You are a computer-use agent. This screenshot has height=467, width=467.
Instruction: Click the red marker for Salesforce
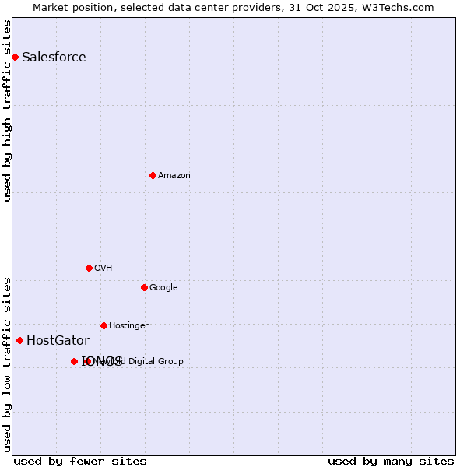[x=15, y=57]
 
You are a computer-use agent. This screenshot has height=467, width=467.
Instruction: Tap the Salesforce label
[x=54, y=57]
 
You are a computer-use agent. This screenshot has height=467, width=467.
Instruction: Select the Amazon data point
[x=153, y=175]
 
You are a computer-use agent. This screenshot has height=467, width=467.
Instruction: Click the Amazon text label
[x=174, y=175]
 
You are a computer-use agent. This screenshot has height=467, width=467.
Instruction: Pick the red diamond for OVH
[x=89, y=268]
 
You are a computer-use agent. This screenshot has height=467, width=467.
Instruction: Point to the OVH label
[x=104, y=268]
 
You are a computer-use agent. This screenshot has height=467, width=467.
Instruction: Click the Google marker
[x=144, y=287]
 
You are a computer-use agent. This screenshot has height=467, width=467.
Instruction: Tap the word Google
[x=163, y=287]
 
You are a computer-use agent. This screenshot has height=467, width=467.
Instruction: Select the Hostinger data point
[x=104, y=325]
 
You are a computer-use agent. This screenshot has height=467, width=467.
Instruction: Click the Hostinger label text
[x=128, y=325]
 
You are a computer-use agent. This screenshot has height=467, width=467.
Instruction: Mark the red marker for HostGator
[x=19, y=340]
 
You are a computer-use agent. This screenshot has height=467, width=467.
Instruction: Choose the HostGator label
[x=58, y=340]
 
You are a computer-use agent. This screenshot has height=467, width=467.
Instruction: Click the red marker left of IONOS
[x=74, y=361]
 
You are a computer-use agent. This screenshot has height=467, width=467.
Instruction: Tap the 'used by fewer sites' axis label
[x=80, y=461]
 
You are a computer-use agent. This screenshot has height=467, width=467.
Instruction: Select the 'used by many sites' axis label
[x=391, y=461]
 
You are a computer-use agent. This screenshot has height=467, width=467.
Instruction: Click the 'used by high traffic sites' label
[x=7, y=111]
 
